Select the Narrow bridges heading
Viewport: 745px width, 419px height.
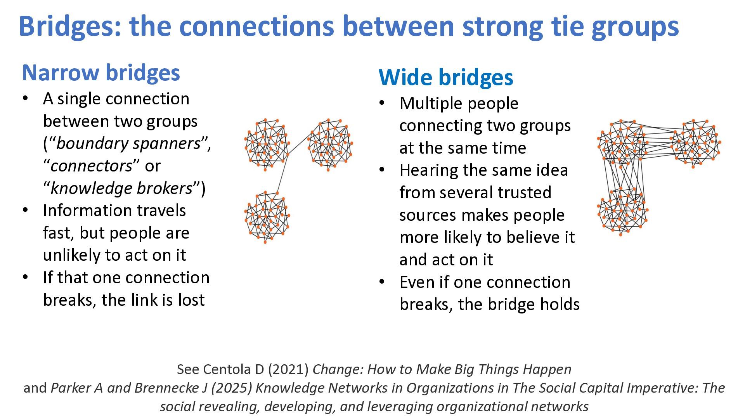tap(101, 73)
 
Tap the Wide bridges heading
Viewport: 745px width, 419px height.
tap(445, 77)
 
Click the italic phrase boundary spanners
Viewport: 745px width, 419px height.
tap(128, 144)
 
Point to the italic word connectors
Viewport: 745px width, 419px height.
tap(91, 166)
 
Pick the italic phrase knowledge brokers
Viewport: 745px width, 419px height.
tap(121, 189)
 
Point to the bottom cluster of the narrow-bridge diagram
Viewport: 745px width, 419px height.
tap(267, 217)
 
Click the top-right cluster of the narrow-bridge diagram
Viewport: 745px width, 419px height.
tap(330, 144)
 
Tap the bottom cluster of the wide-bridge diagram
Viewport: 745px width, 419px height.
tap(622, 211)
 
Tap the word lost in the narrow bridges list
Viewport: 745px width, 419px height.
tap(191, 300)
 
